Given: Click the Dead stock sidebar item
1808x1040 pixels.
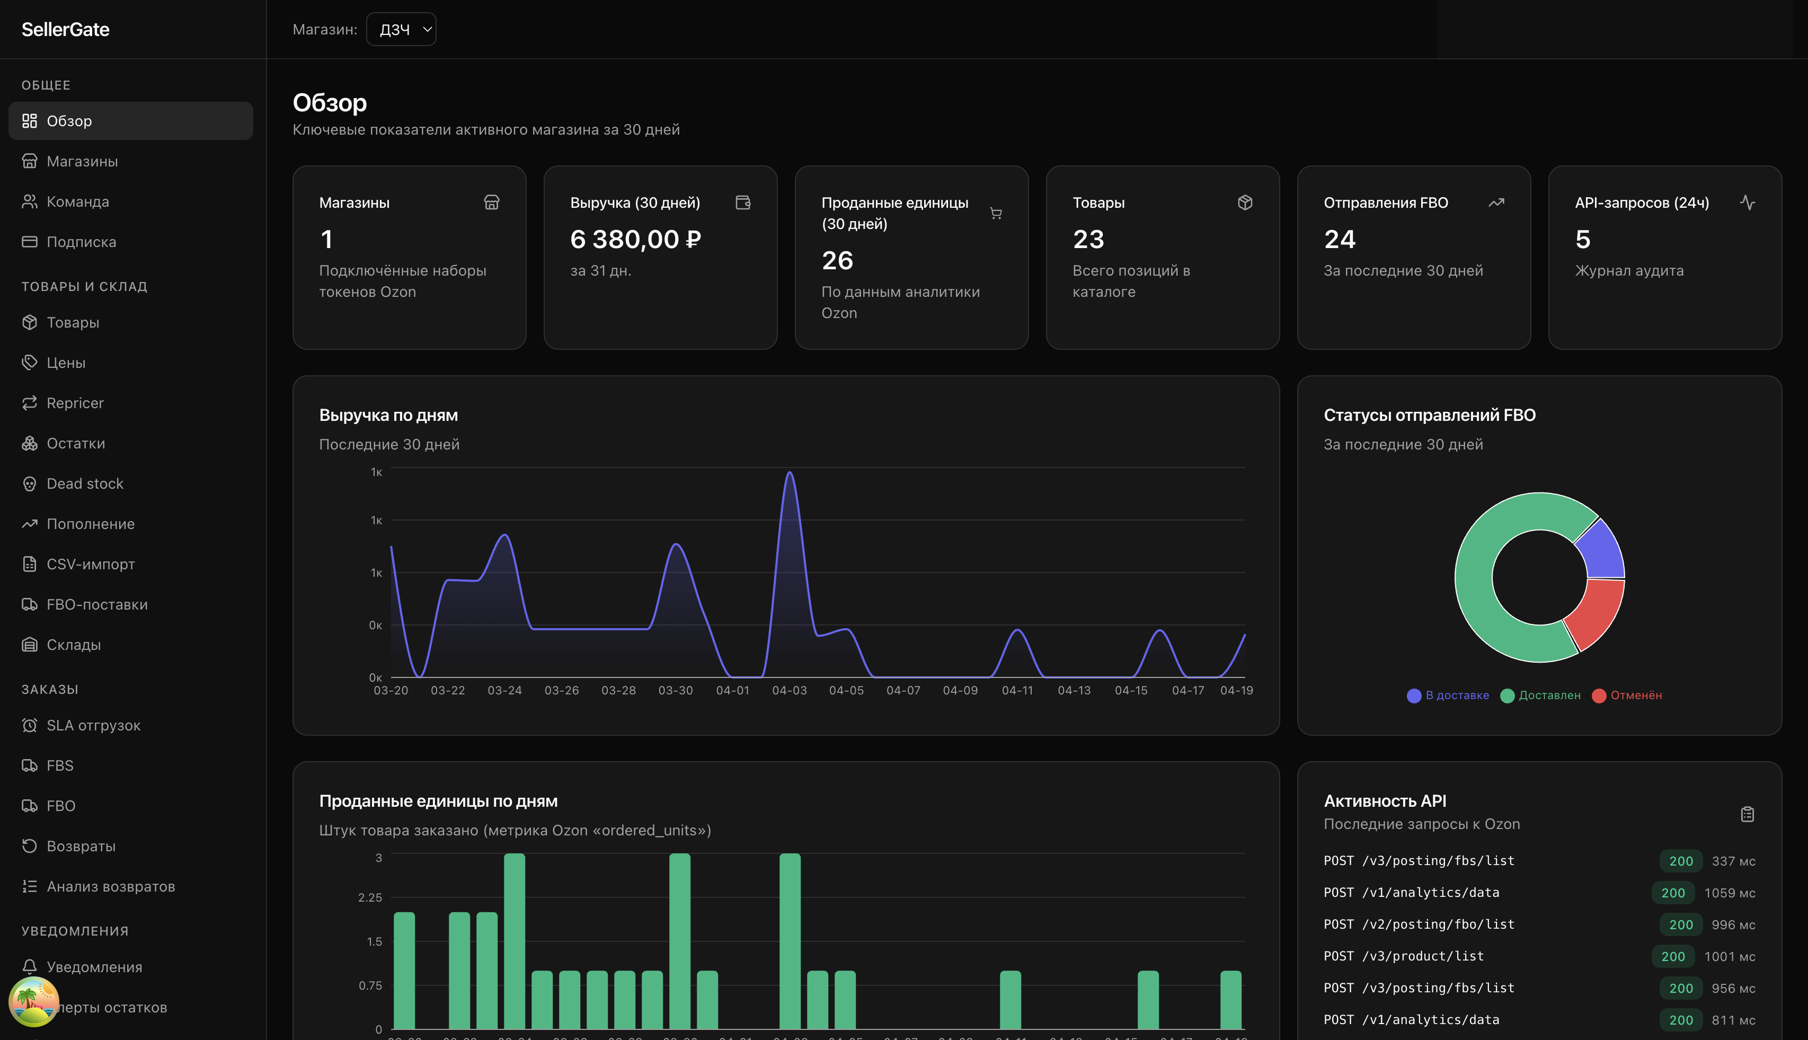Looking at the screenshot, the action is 84,483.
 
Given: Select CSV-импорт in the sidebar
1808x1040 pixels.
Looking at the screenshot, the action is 90,565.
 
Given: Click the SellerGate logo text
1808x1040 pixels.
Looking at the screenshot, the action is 65,29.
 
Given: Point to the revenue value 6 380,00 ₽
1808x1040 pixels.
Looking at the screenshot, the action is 635,239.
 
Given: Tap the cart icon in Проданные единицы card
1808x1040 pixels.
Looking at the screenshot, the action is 995,213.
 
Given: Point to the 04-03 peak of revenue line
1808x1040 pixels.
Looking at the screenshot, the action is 789,473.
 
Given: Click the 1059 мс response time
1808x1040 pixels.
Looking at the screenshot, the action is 1729,893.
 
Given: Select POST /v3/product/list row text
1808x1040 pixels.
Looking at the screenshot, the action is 1403,956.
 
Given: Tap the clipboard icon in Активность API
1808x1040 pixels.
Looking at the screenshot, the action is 1747,814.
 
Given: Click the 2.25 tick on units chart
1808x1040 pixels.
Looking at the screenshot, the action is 369,897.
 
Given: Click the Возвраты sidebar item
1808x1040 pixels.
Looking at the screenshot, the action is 80,845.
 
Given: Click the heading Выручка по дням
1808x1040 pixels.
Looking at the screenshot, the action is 388,415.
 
